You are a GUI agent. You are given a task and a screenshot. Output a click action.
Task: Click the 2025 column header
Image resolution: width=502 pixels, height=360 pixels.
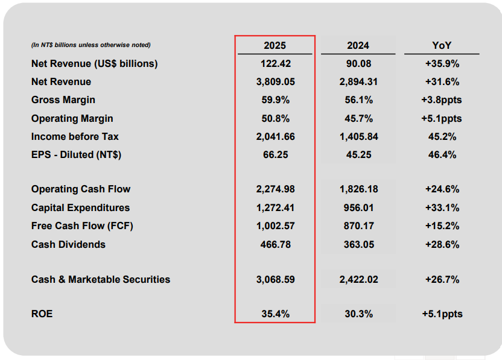[275, 45]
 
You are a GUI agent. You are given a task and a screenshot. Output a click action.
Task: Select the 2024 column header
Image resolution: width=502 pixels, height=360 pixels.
[358, 45]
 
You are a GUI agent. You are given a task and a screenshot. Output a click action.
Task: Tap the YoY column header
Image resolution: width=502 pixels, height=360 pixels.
[442, 45]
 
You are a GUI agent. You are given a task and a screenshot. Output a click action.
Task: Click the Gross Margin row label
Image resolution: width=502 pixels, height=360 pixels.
[63, 100]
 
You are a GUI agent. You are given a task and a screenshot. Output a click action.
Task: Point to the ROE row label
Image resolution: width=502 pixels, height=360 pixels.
[42, 314]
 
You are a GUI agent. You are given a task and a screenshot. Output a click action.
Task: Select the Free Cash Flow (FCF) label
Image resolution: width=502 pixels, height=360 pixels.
[82, 226]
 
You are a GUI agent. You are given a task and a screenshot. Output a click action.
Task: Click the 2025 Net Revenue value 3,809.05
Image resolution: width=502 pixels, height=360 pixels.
[275, 82]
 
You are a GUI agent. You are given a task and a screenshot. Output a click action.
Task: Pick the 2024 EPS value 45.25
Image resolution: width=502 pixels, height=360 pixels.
[358, 155]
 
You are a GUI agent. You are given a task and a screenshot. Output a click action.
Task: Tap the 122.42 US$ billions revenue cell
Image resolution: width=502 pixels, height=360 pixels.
[275, 63]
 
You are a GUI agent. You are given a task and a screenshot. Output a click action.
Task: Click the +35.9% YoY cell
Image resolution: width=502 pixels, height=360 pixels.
[442, 63]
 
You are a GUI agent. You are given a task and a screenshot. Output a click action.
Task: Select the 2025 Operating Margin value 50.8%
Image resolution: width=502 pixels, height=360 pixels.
[275, 118]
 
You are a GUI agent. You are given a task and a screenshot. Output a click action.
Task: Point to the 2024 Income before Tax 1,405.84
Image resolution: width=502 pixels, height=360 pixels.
[358, 137]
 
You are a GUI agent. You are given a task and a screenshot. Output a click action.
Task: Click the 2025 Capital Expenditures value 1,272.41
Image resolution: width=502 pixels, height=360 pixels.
[275, 207]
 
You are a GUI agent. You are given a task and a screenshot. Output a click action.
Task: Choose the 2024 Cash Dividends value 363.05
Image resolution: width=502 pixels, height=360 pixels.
[358, 244]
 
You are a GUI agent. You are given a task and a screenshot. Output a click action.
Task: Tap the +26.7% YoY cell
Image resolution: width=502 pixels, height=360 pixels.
[442, 279]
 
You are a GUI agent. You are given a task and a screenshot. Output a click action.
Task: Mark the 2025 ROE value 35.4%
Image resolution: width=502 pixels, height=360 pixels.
[275, 314]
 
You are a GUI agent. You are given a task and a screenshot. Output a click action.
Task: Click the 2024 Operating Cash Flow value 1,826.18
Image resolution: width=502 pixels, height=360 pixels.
[358, 189]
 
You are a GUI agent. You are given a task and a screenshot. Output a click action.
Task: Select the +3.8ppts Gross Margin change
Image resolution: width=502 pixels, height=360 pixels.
[442, 100]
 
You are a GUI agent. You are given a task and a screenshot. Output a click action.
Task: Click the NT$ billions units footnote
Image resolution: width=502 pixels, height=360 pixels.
[91, 45]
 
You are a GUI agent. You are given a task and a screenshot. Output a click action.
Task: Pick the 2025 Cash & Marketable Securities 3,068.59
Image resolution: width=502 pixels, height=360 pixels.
[275, 279]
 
